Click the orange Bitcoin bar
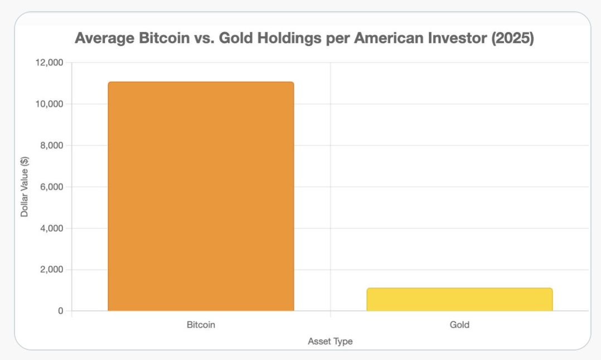coord(201,196)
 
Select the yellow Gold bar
coord(459,299)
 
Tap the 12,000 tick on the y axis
coord(50,62)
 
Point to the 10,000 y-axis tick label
coord(50,104)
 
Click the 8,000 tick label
coord(52,145)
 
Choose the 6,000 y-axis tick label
coord(52,187)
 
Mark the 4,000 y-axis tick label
coord(52,228)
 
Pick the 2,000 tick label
coord(52,269)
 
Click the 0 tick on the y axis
coord(61,310)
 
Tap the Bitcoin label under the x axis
coord(201,325)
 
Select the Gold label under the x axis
coord(459,325)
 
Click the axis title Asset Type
coord(331,341)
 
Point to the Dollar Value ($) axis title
coord(25,187)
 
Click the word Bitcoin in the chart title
coord(164,38)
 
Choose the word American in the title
coord(387,38)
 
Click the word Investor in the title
coord(455,38)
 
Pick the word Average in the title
coord(105,38)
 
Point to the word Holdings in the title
coord(289,38)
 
